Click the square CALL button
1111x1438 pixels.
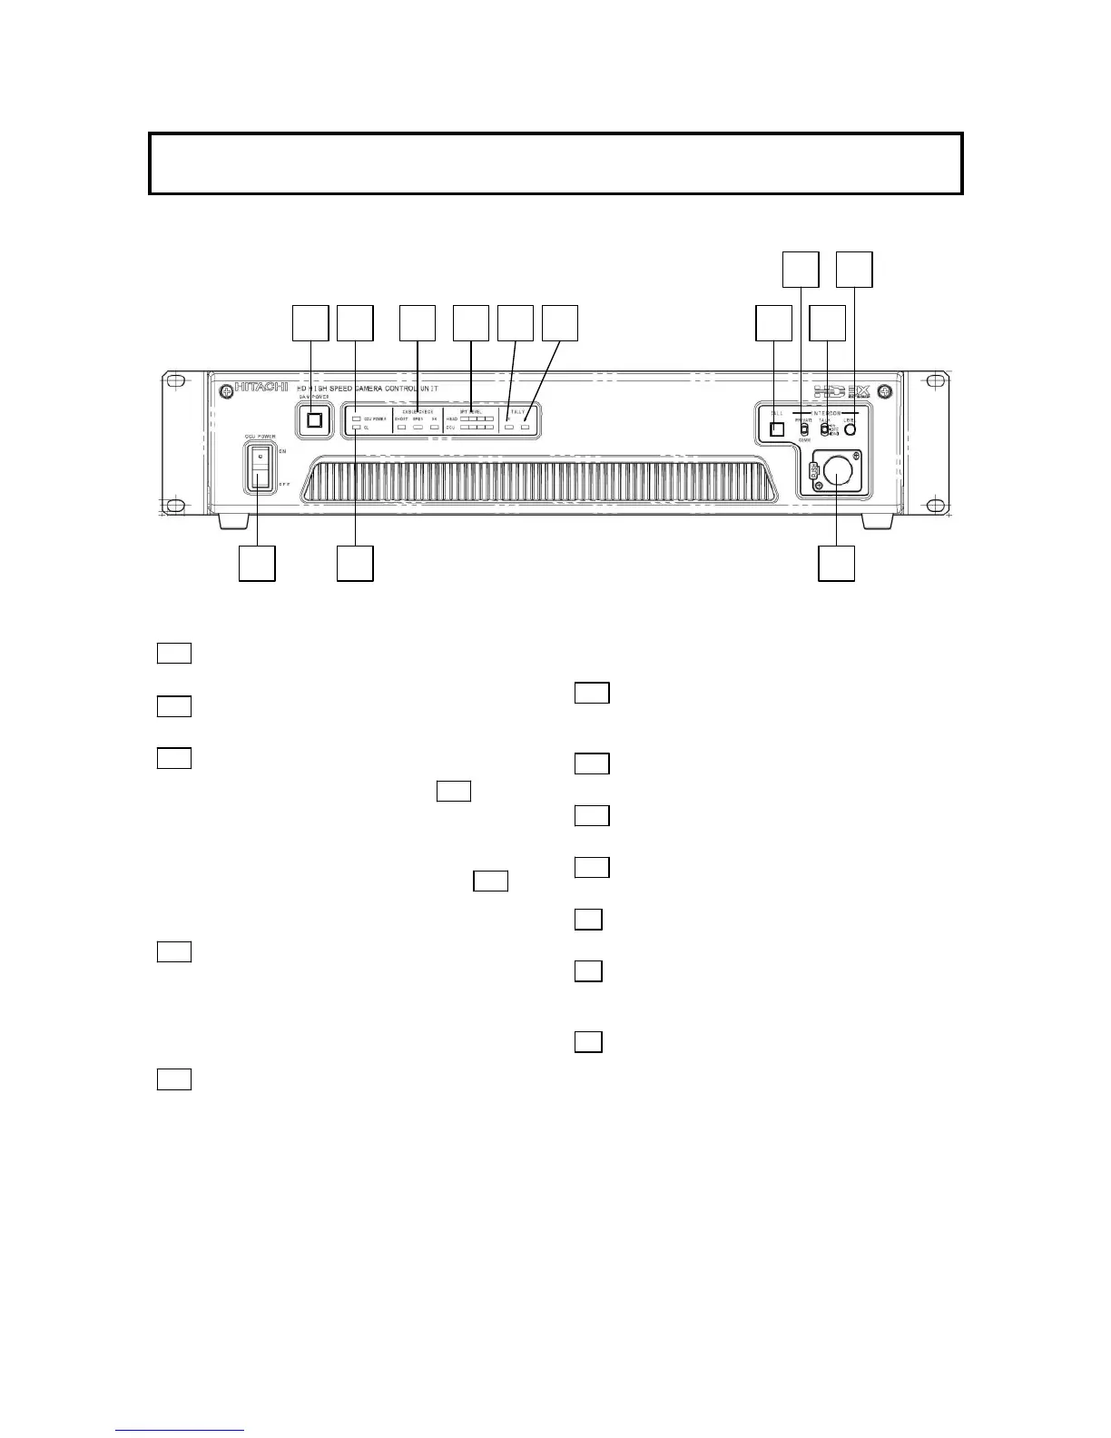[776, 429]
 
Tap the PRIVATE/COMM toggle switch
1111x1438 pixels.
[803, 429]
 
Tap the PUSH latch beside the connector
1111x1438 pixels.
[813, 471]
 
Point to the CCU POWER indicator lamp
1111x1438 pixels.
[357, 419]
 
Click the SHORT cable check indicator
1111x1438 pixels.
[401, 427]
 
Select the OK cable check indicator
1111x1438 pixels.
[435, 427]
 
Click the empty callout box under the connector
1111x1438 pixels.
[836, 563]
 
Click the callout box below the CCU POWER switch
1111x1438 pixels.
[257, 563]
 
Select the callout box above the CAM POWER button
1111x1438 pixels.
[310, 323]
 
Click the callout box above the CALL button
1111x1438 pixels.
[773, 323]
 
